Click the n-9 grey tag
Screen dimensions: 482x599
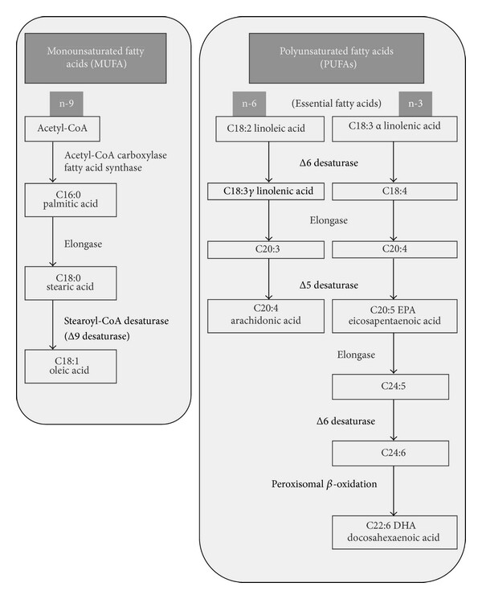(x=66, y=104)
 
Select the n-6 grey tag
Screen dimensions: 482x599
(x=249, y=104)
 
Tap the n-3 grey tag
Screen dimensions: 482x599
(x=415, y=104)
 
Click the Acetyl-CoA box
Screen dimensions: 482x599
(x=62, y=129)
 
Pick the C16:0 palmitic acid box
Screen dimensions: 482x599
(x=71, y=199)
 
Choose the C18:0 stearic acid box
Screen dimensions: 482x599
(x=71, y=283)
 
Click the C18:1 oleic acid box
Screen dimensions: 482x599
(x=71, y=367)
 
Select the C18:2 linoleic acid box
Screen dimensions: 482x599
(x=270, y=129)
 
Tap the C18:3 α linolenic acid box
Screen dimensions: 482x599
(x=394, y=129)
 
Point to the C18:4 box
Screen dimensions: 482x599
(x=394, y=191)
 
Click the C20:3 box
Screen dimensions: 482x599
(x=266, y=250)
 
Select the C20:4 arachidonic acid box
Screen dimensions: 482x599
(x=266, y=316)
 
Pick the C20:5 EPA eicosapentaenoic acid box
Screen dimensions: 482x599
(x=394, y=316)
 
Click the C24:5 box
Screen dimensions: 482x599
(x=390, y=387)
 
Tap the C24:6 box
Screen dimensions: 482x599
(x=390, y=453)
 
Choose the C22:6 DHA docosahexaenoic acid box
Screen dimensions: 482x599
(x=394, y=532)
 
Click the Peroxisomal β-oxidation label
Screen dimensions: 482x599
(x=324, y=484)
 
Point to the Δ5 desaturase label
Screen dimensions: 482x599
(x=329, y=285)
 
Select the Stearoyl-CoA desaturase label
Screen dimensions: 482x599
(x=116, y=321)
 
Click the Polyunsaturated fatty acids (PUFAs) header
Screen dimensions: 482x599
(x=337, y=58)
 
